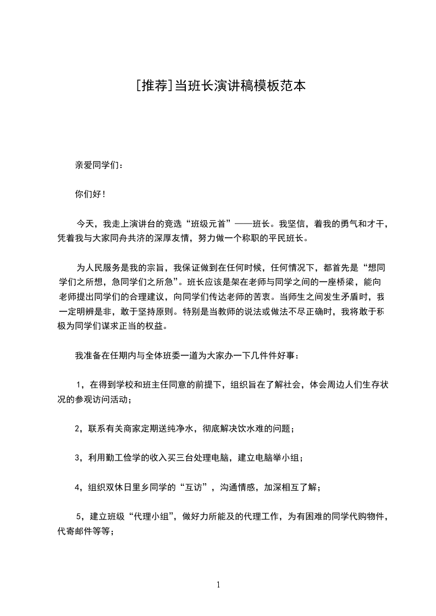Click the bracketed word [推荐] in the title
pos(153,86)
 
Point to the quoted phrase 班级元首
pos(207,223)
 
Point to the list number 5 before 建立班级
pos(79,517)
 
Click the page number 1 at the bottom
pos(218,585)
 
